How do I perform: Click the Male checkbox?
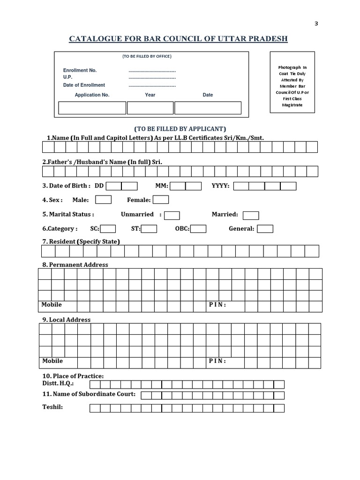click(103, 200)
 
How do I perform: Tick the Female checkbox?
click(161, 200)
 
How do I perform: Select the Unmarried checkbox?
click(172, 215)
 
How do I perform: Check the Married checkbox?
click(251, 215)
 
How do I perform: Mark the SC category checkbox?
click(108, 229)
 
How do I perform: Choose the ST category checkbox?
click(149, 229)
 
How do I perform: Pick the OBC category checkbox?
click(198, 229)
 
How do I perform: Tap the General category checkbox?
click(265, 229)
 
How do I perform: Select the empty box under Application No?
click(92, 108)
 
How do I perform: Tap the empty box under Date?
click(208, 108)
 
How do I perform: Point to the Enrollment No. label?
click(80, 70)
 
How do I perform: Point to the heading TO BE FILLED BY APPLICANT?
click(180, 129)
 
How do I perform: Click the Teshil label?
click(52, 406)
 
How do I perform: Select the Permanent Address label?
click(75, 264)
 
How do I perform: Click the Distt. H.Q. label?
click(58, 383)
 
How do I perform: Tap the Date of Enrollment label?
click(84, 85)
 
